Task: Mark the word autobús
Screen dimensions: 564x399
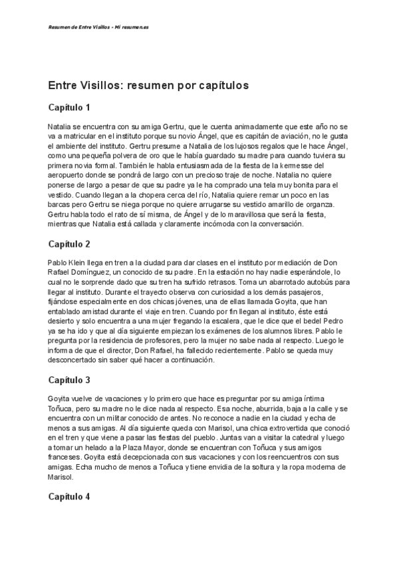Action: click(319, 282)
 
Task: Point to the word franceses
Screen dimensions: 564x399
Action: click(68, 458)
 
